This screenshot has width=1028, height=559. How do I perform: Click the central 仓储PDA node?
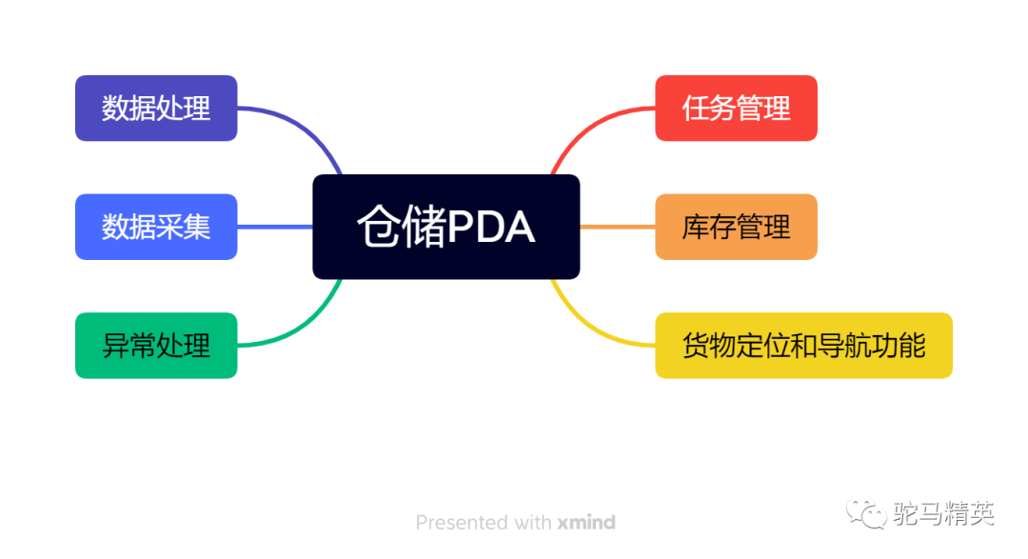click(x=445, y=227)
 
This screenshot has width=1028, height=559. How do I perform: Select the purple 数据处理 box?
click(x=156, y=109)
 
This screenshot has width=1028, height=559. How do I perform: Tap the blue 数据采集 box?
click(x=156, y=227)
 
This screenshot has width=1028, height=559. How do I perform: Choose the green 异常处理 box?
click(x=156, y=345)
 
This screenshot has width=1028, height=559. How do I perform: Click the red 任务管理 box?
click(x=736, y=109)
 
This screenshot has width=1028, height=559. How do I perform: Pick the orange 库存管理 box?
click(x=736, y=227)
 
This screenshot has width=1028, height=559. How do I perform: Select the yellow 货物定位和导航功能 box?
click(x=803, y=345)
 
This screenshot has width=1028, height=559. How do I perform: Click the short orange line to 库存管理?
click(x=617, y=227)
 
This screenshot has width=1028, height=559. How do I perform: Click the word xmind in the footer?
click(x=586, y=523)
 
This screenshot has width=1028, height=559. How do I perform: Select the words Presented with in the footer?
click(x=484, y=523)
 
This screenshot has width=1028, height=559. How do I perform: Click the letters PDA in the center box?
click(x=491, y=228)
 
